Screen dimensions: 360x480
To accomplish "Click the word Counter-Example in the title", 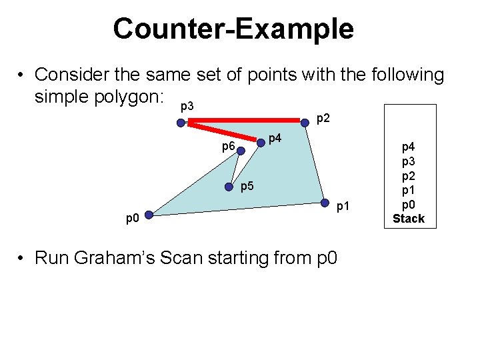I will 233,29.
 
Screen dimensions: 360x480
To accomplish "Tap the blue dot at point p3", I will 181,122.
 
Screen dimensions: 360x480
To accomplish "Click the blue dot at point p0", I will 149,215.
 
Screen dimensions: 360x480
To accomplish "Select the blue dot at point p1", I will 325,203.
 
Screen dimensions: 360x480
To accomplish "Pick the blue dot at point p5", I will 233,187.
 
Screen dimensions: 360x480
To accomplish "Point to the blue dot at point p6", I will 241,151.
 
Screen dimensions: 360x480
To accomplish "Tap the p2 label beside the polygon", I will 323,119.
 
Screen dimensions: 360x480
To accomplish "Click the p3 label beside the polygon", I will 187,107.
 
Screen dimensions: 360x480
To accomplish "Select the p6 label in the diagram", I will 228,146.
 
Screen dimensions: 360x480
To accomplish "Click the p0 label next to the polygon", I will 133,218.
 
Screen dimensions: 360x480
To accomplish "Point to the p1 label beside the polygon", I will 343,207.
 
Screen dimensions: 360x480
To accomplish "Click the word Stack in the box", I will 408,219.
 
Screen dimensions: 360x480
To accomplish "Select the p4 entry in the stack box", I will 407,149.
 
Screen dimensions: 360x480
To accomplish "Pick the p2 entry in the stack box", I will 407,177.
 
